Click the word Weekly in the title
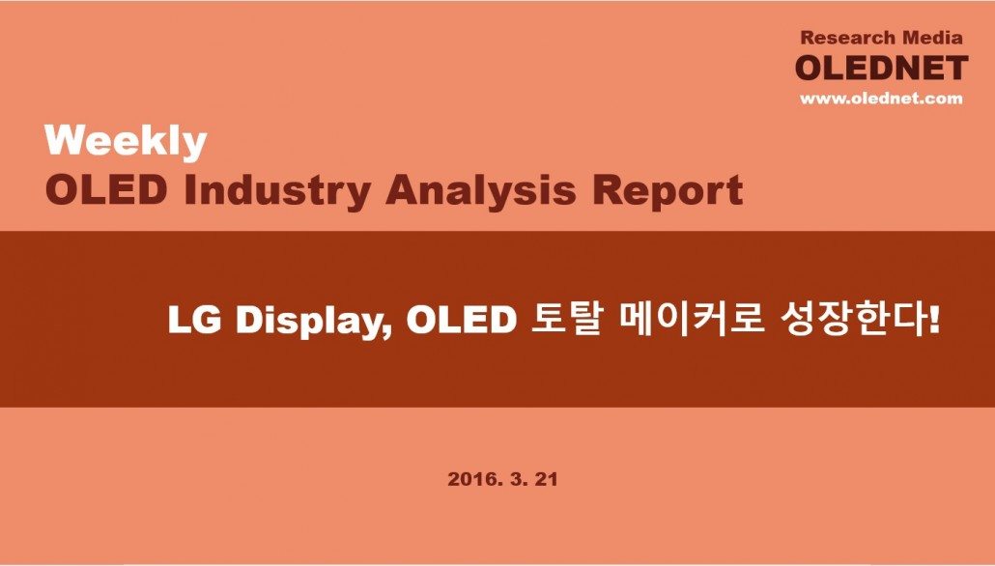(126, 141)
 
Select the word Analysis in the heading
(481, 189)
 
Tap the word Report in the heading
(668, 190)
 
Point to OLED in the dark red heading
(106, 189)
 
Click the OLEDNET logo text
(881, 69)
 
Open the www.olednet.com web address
(881, 99)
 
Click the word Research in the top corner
(847, 38)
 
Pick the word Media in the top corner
(933, 38)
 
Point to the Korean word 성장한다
(851, 320)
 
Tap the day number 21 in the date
(547, 479)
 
